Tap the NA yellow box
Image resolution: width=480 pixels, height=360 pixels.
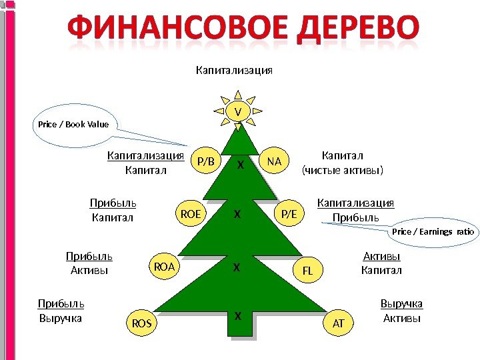point(274,161)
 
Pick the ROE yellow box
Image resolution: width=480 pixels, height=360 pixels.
point(191,213)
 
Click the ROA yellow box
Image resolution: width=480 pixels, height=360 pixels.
point(164,267)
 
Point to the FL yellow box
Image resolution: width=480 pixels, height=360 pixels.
point(307,271)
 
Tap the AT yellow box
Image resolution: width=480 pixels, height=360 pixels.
point(338,323)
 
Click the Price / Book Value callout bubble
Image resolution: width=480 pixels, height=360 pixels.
point(73,125)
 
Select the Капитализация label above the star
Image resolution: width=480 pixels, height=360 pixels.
point(233,69)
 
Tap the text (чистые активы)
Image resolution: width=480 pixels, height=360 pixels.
point(343,170)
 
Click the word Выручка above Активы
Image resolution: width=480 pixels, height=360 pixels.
point(401,304)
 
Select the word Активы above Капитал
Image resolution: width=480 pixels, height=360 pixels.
point(381,256)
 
